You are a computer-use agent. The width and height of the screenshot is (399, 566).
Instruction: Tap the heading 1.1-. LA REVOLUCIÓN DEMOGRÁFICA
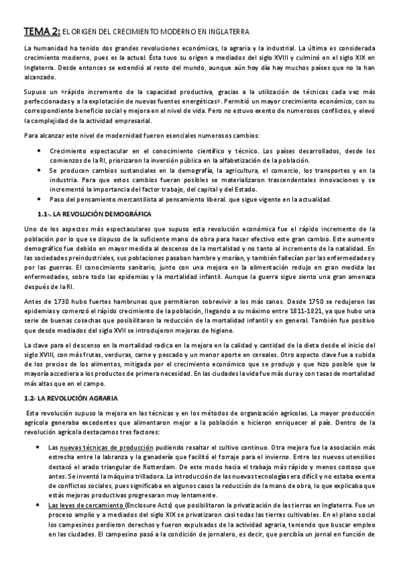(x=96, y=214)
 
